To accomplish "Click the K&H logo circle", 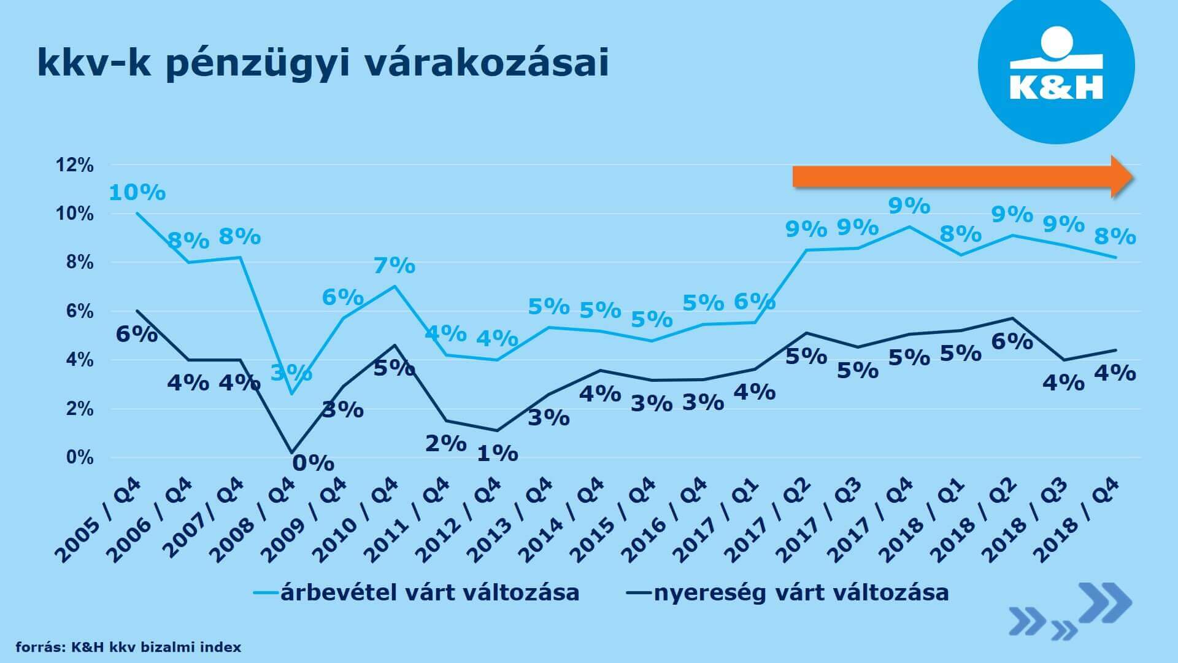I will pos(1055,66).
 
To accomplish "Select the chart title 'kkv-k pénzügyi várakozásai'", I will pos(323,63).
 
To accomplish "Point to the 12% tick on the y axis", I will pos(74,165).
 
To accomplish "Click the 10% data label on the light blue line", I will pos(137,193).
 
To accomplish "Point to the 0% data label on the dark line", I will pos(313,463).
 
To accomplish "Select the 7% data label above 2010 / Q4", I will pos(395,266).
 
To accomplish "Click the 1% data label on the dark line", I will pos(498,454).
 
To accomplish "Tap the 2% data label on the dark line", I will pos(446,443).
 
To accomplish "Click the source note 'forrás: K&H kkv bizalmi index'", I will pos(128,647).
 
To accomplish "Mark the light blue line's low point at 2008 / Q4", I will pos(291,394).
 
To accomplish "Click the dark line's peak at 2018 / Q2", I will pos(1012,318).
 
